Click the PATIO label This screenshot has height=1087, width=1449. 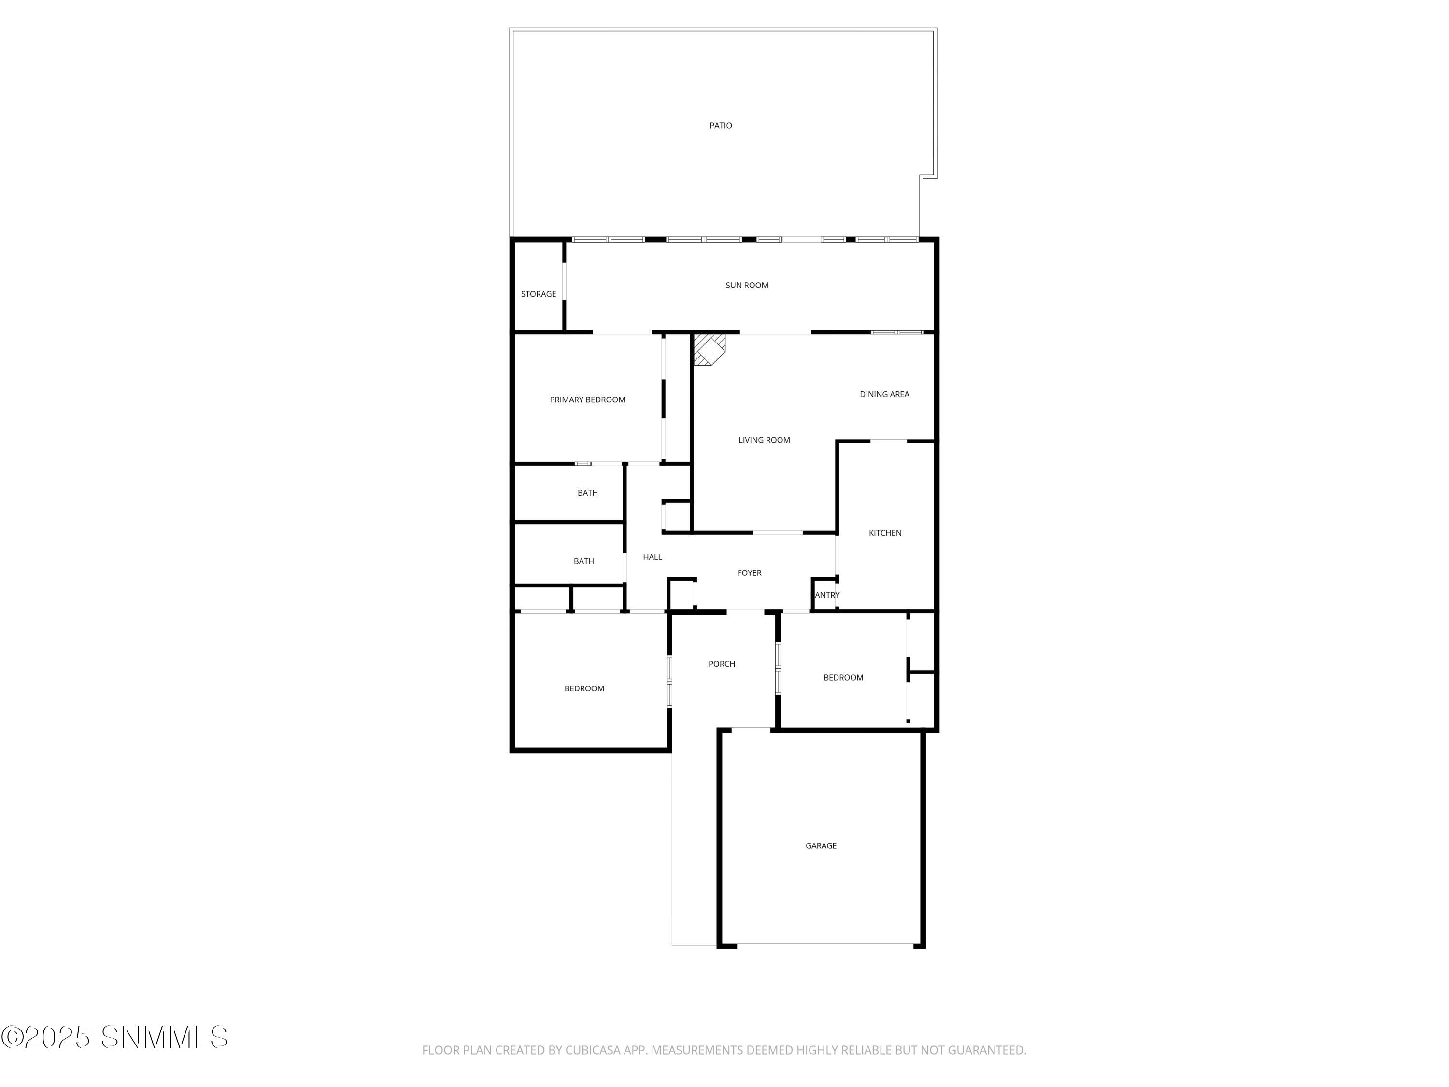click(x=721, y=125)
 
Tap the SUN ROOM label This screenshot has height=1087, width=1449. click(x=747, y=285)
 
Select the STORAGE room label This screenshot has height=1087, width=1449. click(x=539, y=294)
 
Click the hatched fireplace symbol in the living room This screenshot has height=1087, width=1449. click(x=709, y=349)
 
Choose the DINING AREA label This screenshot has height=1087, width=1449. click(x=884, y=394)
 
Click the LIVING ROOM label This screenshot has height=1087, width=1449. click(x=764, y=440)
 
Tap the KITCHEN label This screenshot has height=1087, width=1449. click(x=885, y=533)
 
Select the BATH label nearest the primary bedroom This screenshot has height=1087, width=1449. click(x=588, y=493)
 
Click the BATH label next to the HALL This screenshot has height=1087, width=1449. click(x=583, y=561)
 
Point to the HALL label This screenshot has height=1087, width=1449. click(x=653, y=558)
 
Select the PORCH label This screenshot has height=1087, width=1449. click(x=722, y=664)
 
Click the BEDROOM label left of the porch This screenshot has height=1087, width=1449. click(x=584, y=688)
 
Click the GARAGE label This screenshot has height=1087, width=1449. click(x=821, y=846)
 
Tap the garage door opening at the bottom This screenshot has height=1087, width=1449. click(x=825, y=946)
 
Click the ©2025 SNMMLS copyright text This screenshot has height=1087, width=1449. click(x=114, y=1037)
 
